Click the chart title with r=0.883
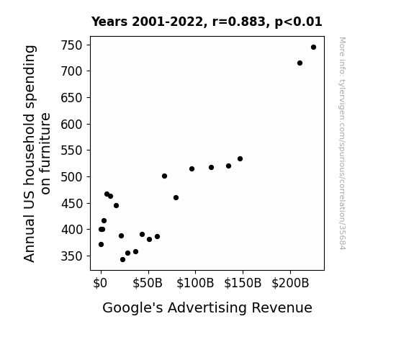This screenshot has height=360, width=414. point(207,22)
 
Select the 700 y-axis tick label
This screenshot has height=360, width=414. point(71,71)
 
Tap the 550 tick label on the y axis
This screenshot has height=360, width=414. point(71,150)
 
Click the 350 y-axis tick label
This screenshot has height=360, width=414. point(71,256)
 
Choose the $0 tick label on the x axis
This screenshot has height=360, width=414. point(100,283)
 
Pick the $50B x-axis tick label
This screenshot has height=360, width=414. point(148,283)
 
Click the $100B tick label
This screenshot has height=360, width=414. point(195,283)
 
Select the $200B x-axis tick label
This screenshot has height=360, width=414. point(290,283)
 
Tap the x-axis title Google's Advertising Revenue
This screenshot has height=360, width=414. point(207,308)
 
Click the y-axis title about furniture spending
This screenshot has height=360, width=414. point(37,153)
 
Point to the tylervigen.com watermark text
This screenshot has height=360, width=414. point(342,143)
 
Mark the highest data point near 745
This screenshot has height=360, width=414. point(313,48)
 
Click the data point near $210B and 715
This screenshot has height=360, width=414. point(300,63)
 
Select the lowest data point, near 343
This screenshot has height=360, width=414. point(123,260)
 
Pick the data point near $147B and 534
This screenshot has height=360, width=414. point(240,158)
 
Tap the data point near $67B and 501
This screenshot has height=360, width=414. point(164,176)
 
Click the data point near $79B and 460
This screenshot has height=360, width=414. point(176,197)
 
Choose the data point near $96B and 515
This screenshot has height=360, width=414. point(192,168)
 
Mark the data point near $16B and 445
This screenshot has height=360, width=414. point(116,205)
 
